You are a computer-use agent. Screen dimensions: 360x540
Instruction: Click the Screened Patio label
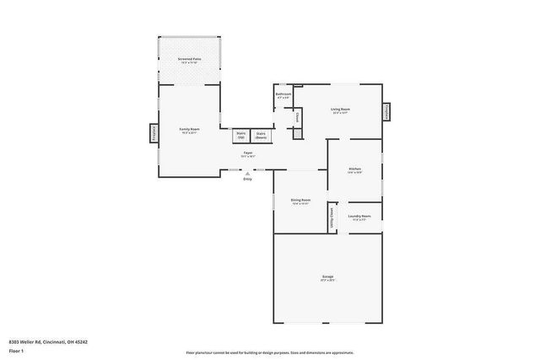[x=190, y=60]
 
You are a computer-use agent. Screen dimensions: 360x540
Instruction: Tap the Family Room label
[x=188, y=131]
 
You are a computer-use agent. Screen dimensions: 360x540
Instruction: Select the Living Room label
[x=340, y=111]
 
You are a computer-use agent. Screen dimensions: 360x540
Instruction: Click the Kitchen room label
[x=355, y=170]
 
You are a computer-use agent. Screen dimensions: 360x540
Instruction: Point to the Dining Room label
[x=300, y=201]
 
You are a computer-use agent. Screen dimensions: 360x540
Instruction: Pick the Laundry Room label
[x=358, y=218]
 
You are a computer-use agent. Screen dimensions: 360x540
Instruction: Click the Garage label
[x=327, y=277]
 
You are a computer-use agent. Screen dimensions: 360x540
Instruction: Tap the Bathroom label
[x=283, y=96]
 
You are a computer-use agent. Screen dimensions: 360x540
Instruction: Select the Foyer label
[x=248, y=154]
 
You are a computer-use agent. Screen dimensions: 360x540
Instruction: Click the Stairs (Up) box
[x=240, y=135]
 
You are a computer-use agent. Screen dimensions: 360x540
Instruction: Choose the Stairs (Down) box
[x=262, y=135]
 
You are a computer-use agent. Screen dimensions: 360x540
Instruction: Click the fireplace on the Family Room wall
[x=154, y=133]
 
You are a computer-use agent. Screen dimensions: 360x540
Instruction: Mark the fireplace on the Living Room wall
[x=387, y=112]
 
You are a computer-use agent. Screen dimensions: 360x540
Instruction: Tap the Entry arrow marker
[x=247, y=174]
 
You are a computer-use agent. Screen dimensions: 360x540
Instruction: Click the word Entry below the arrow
[x=247, y=180]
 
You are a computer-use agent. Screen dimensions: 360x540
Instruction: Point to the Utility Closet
[x=332, y=218]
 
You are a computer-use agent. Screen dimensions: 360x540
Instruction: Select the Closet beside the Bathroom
[x=297, y=117]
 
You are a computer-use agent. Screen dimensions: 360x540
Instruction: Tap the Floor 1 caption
[x=18, y=350]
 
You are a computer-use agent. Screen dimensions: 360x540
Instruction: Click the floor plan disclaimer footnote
[x=270, y=352]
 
